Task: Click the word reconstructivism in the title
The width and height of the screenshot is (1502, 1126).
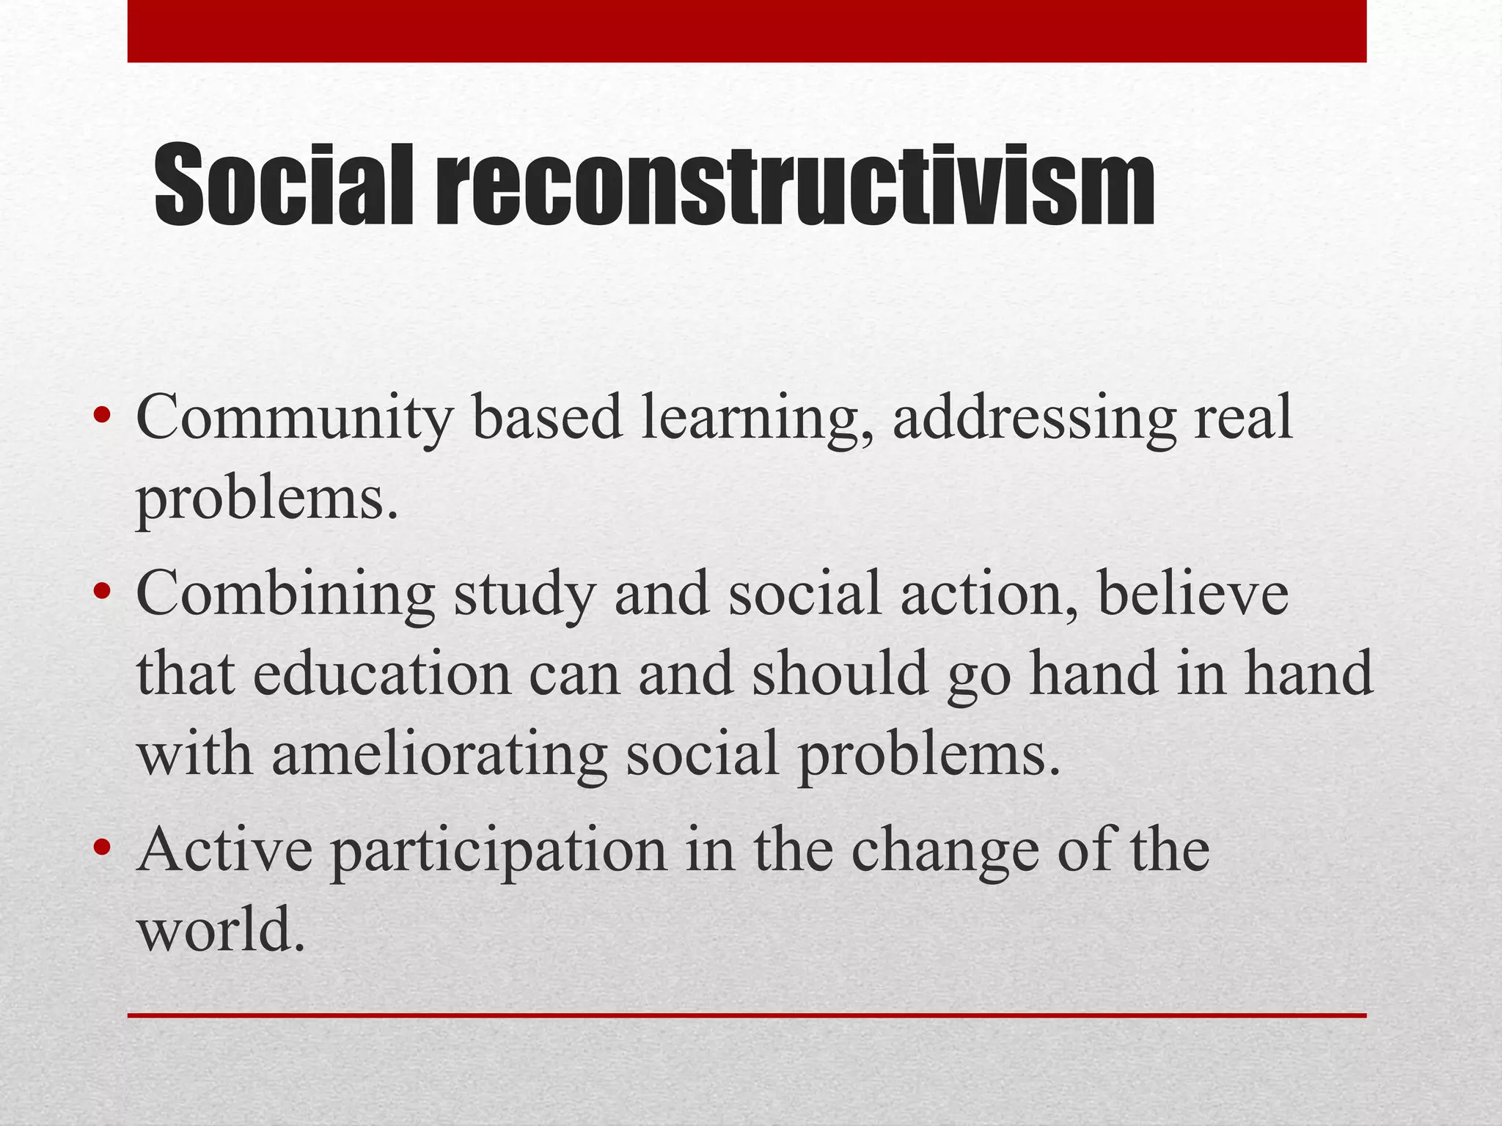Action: pos(795,185)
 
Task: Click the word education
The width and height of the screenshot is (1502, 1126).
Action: pos(381,673)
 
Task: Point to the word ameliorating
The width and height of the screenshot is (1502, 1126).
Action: pos(439,755)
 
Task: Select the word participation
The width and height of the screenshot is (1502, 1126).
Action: pos(499,853)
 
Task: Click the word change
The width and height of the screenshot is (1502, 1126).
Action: pos(946,853)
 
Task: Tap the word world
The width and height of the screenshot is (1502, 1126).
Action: pos(220,930)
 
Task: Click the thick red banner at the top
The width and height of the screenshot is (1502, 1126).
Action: pos(747,31)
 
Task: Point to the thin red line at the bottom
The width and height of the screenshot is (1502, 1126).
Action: pos(747,1015)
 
